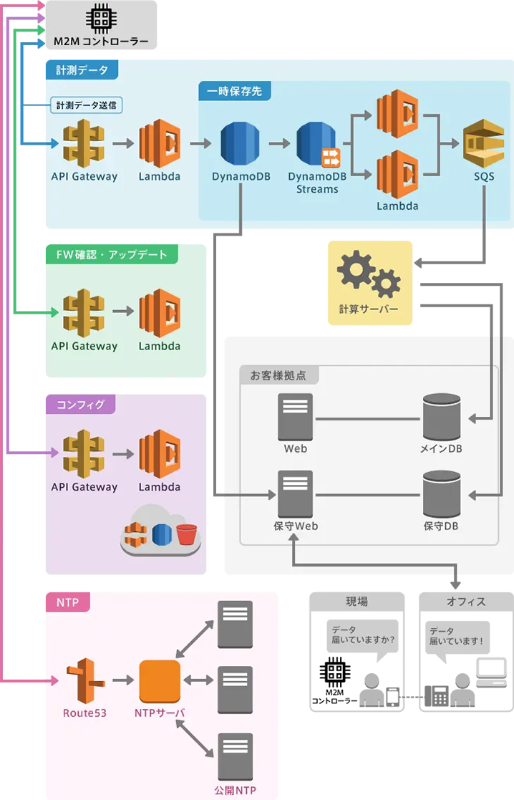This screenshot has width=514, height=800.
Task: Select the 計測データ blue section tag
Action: pos(82,70)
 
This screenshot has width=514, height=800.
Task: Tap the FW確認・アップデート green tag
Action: pos(112,255)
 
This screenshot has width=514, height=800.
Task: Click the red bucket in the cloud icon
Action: pos(186,534)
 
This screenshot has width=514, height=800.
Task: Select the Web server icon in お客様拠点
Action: pos(295,418)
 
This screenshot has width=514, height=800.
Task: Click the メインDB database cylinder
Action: pos(440,418)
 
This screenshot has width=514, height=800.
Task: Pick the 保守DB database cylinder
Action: pos(440,494)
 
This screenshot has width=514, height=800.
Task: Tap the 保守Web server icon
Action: pos(295,494)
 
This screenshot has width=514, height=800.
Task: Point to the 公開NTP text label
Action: pos(235,791)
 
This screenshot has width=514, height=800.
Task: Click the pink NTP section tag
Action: pos(67,602)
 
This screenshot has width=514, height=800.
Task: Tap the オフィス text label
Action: pos(466,602)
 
